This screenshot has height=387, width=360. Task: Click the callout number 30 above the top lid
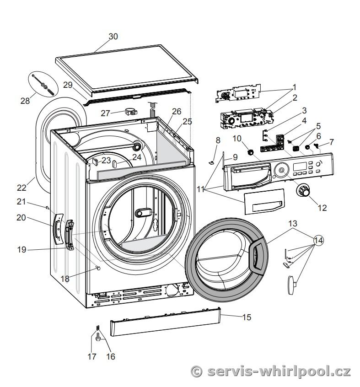pos(113,37)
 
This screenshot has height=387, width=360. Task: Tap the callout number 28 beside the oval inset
pos(25,101)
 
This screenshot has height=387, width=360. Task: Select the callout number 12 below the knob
pos(322,208)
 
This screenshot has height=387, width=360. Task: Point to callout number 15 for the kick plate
pos(247,317)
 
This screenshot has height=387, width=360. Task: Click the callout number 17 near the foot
pos(92,356)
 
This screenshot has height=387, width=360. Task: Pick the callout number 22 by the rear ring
pos(22,187)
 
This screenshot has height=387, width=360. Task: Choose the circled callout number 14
pos(318,240)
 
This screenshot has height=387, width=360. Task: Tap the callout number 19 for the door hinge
pos(21,249)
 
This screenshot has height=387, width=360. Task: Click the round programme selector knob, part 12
pos(302,190)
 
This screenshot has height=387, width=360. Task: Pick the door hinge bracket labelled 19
pos(70,235)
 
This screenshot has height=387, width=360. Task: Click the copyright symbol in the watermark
pos(196,371)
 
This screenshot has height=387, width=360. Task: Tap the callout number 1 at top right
pos(295,86)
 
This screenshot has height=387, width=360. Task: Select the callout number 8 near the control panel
pos(218,140)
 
